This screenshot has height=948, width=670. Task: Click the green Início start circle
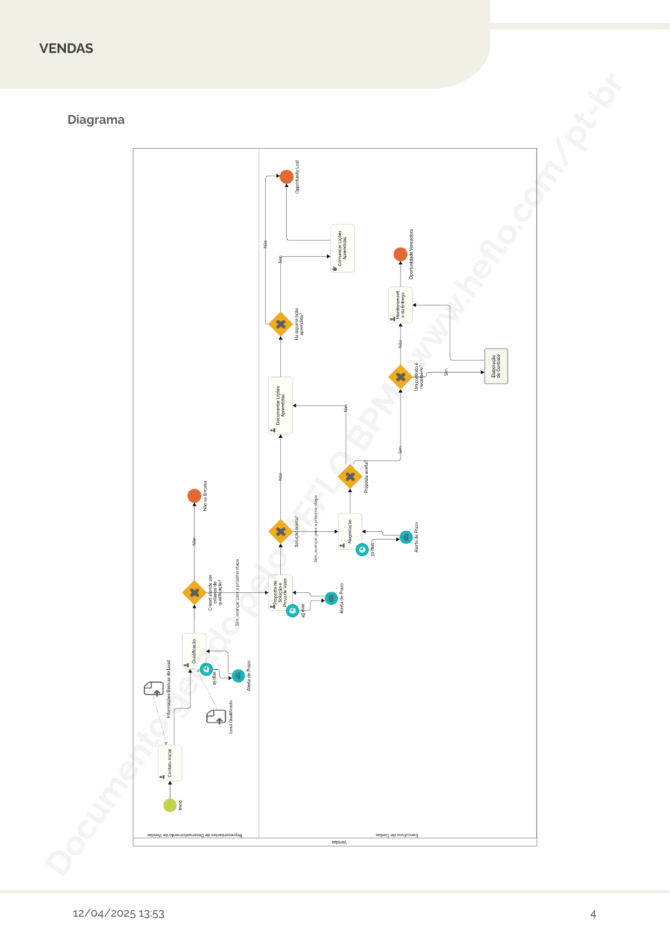(x=170, y=805)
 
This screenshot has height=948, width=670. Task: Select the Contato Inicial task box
(x=170, y=763)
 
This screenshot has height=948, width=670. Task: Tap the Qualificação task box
(x=194, y=651)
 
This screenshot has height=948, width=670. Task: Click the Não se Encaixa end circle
(x=194, y=496)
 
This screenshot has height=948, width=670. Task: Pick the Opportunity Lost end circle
(x=287, y=177)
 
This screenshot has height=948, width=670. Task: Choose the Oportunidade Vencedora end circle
(x=401, y=254)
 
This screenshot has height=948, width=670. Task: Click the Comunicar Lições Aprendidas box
(x=342, y=249)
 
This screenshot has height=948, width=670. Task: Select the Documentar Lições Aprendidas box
(x=281, y=405)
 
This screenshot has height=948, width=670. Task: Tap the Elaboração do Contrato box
(x=496, y=366)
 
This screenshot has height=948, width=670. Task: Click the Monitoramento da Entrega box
(x=401, y=305)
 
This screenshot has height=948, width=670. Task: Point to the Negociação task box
(x=350, y=531)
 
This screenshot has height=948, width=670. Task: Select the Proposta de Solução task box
(x=280, y=592)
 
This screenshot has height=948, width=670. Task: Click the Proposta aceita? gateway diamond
(x=350, y=477)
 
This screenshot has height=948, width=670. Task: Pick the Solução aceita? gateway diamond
(x=281, y=532)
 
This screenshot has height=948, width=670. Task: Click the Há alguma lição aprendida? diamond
(x=281, y=324)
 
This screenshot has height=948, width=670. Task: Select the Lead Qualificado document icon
(x=216, y=717)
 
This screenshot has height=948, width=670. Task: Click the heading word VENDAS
(x=66, y=49)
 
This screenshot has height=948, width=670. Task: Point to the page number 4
(x=593, y=914)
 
